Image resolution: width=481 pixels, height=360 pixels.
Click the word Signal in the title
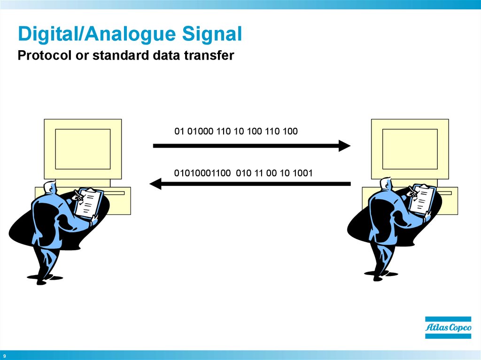click(x=212, y=34)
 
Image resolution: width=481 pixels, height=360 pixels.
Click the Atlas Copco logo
click(x=448, y=328)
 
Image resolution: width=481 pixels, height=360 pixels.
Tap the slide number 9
click(x=4, y=356)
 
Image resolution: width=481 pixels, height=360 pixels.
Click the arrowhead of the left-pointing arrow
click(x=155, y=184)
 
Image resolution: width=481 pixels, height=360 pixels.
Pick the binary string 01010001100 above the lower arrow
click(x=202, y=173)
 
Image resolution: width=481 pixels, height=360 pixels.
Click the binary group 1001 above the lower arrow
click(x=303, y=173)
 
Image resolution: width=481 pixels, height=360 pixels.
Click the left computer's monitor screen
click(x=83, y=149)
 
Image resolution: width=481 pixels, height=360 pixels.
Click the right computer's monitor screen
click(x=410, y=149)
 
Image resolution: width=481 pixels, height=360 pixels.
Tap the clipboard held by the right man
click(x=423, y=199)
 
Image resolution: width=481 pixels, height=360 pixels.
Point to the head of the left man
click(x=50, y=187)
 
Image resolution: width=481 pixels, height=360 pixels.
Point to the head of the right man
click(x=386, y=184)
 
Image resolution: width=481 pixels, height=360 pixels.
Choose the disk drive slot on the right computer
click(x=444, y=193)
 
